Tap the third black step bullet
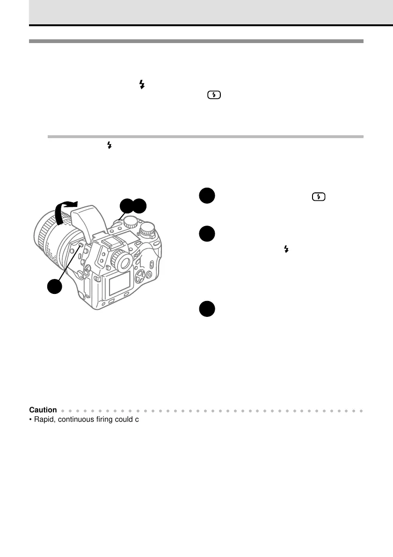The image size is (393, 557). coord(205,309)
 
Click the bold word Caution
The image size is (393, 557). coord(43,410)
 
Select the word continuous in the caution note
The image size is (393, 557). coord(77,419)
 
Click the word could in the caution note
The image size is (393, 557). coord(127,419)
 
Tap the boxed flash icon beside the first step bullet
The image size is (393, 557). coord(318,197)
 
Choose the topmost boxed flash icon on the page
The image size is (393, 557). coord(214,95)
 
